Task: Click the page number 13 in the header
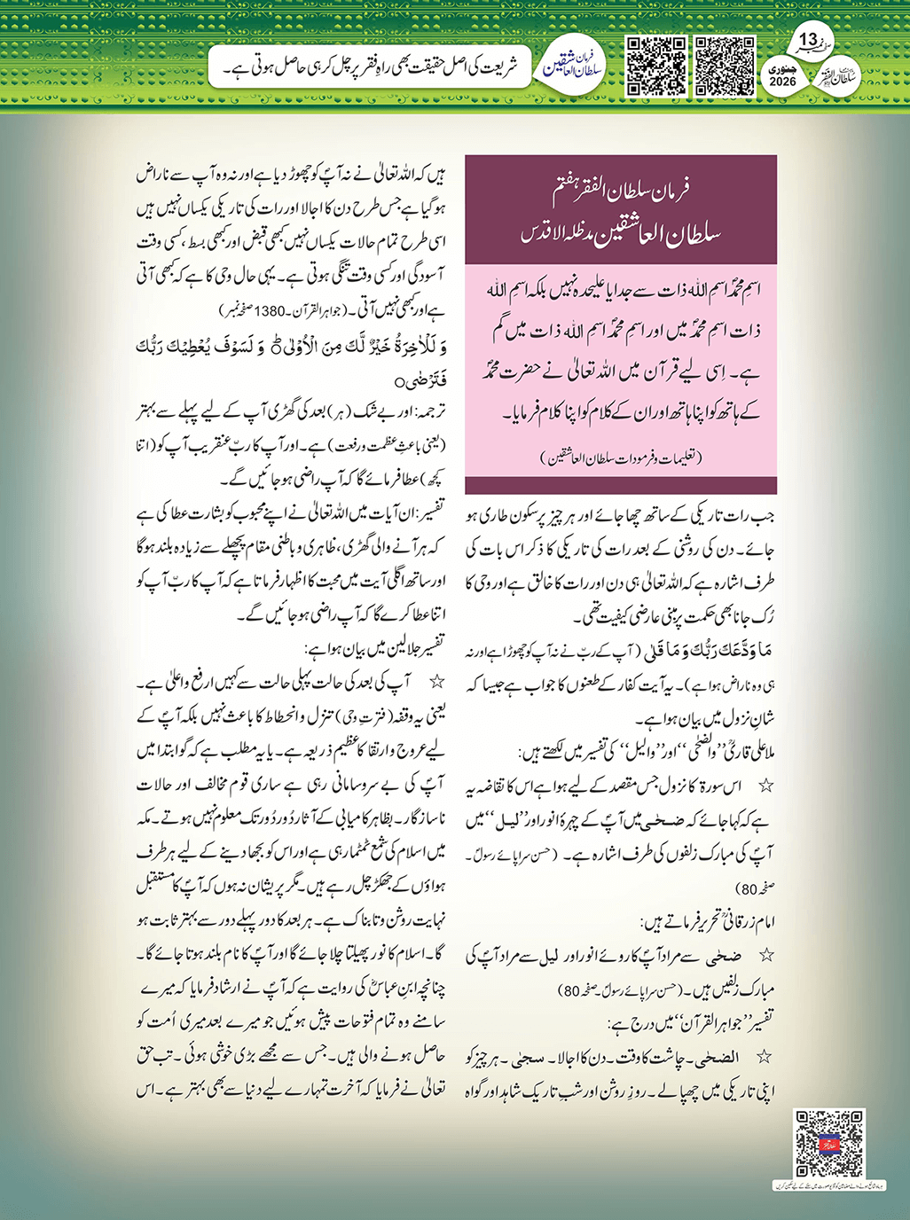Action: pyautogui.click(x=809, y=40)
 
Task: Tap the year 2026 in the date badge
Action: pyautogui.click(x=783, y=82)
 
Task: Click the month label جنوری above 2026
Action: pyautogui.click(x=783, y=67)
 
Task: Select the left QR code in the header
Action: pyautogui.click(x=657, y=66)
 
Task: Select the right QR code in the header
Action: pyautogui.click(x=725, y=66)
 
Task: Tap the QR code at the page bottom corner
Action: pyautogui.click(x=828, y=1144)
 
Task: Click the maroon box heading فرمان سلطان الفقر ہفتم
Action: pyautogui.click(x=621, y=188)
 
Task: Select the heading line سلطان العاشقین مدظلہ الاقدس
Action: pyautogui.click(x=621, y=234)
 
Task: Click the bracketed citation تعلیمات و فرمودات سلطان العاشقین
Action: pyautogui.click(x=621, y=457)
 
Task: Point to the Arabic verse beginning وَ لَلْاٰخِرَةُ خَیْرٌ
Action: pyautogui.click(x=293, y=347)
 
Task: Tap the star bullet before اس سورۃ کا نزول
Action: pyautogui.click(x=766, y=786)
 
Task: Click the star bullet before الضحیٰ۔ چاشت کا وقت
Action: pyautogui.click(x=766, y=1058)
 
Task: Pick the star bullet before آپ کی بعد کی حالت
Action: pyautogui.click(x=435, y=682)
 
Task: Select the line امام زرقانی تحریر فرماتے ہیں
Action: pyautogui.click(x=710, y=922)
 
